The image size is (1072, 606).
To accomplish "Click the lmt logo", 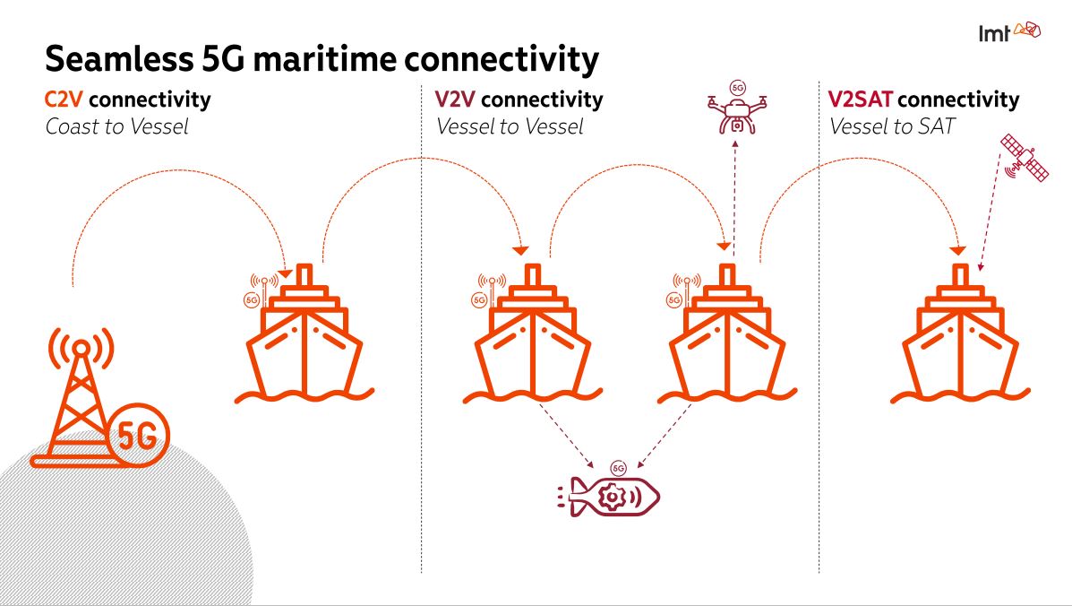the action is point(1009,32).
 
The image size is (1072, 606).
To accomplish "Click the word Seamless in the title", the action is point(120,59).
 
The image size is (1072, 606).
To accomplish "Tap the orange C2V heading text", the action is point(64,100).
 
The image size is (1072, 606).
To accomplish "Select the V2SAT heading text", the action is point(860,100).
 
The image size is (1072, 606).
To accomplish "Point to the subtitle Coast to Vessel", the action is point(117,126).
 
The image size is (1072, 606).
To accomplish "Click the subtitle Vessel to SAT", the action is point(891,126).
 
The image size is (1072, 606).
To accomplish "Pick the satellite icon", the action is point(1024,158).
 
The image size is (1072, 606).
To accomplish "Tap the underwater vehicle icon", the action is point(608,497).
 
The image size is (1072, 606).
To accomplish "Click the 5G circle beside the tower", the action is point(138,435).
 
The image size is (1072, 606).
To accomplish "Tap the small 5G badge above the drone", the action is point(737,88).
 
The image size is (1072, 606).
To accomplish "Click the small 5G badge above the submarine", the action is point(618,469).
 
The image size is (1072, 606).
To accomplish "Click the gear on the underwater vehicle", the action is point(612,497).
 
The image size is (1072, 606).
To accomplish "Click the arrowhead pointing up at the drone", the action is point(734,144).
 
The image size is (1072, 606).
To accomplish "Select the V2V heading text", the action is point(455,100).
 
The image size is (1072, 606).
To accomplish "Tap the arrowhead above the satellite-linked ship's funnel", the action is point(957,251).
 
